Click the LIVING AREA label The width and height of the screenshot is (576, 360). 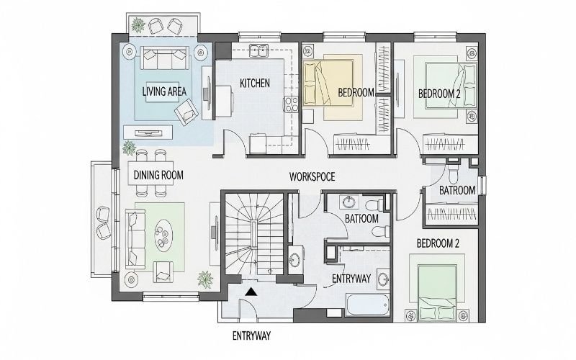coord(164,91)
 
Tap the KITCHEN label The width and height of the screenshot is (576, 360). coord(255,84)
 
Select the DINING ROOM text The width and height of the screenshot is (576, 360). coord(158,175)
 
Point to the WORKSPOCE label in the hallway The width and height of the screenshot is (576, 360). coord(312,176)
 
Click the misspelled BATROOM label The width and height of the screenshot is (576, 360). coord(457,191)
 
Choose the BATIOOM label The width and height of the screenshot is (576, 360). coord(361,218)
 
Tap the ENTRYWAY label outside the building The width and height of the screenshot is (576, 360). coord(251,336)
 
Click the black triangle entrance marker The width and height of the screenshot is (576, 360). coord(250,292)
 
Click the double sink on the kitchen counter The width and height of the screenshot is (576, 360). coord(258,51)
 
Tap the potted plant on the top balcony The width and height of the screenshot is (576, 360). coord(137,25)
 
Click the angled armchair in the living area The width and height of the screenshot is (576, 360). coord(186,110)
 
